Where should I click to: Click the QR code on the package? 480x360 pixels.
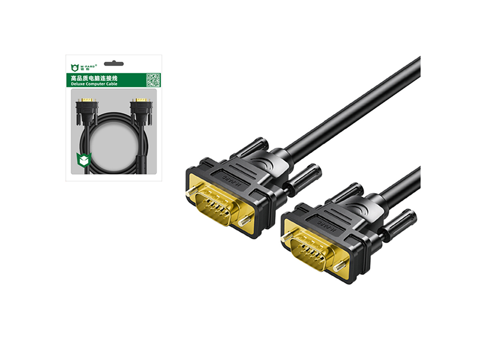pos(154,80)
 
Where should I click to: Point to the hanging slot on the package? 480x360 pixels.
pos(113,63)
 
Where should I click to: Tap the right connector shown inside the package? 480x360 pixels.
pos(141,108)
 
